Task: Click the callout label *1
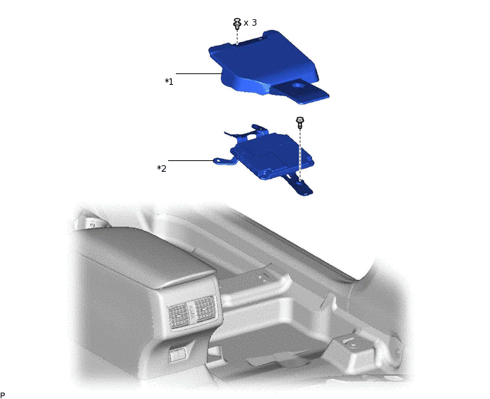coord(169,82)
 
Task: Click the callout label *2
coord(162,169)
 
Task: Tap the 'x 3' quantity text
coord(250,23)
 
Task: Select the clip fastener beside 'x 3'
coord(236,24)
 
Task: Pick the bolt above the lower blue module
coord(300,122)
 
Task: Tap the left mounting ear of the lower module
coord(222,160)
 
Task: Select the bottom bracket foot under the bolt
coord(303,188)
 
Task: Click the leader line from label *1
coord(199,73)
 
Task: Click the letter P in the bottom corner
coord(3,395)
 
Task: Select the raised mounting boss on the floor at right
coord(351,343)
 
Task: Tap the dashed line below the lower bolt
coord(300,153)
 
